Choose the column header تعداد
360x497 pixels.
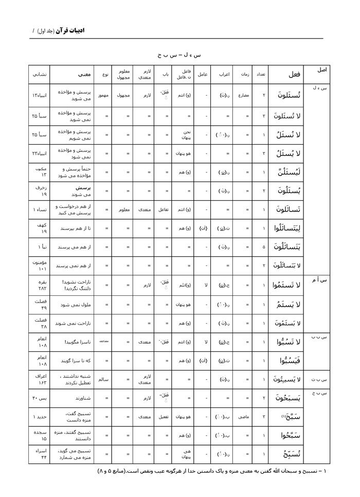pos(262,74)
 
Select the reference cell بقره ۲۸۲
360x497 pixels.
pos(41,285)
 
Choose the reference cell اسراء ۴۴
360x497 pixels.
pos(41,454)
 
